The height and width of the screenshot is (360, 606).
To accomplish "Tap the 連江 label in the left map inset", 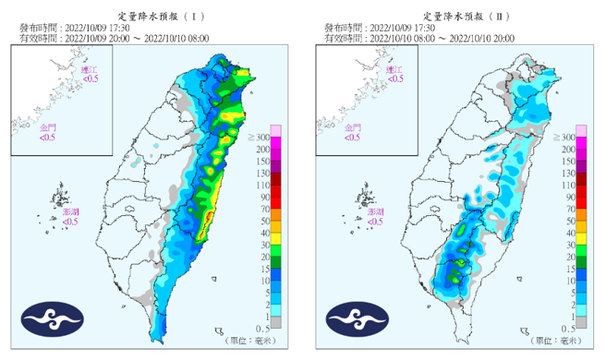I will (89, 69).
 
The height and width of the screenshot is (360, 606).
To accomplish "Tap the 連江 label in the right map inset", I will (394, 69).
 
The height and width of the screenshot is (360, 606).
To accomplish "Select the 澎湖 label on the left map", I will (70, 212).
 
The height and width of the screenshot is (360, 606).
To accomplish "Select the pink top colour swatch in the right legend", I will (581, 129).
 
